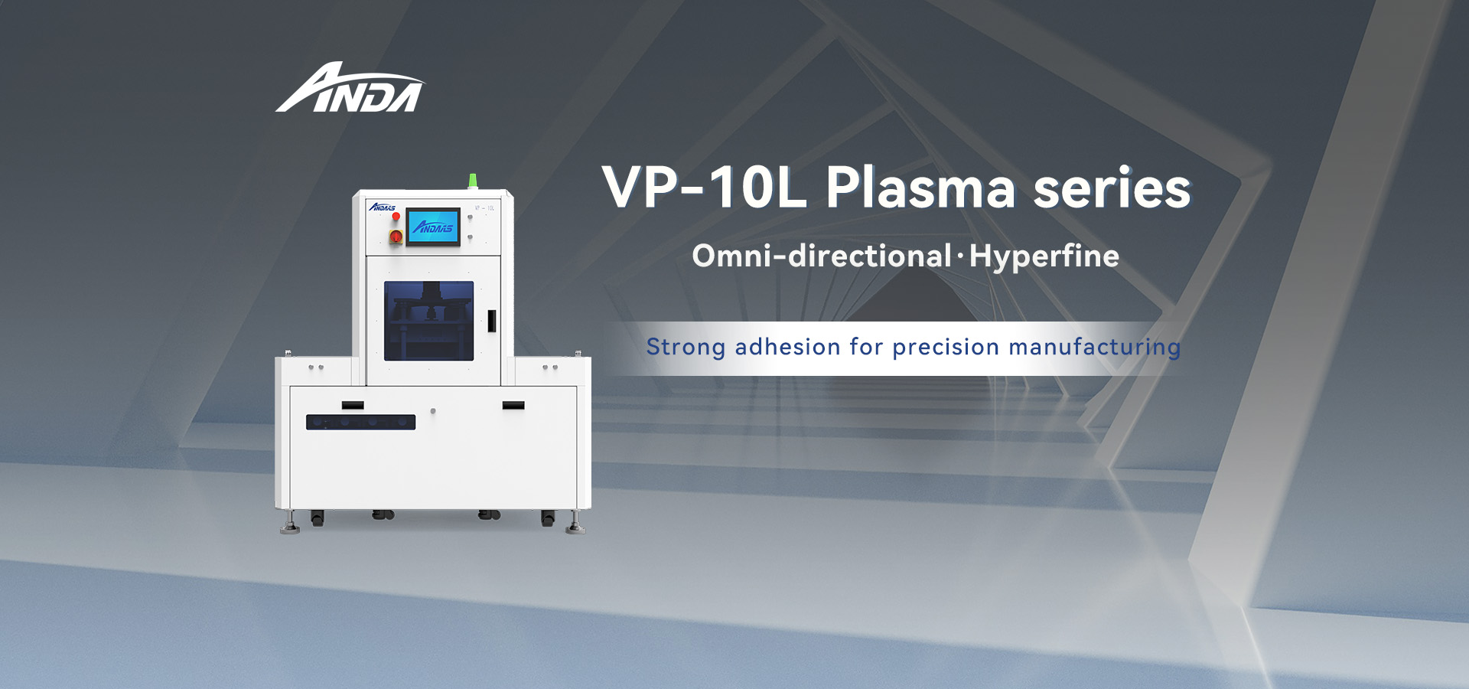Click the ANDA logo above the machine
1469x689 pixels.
click(349, 88)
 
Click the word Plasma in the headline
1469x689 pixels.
click(920, 188)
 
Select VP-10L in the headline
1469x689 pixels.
click(704, 188)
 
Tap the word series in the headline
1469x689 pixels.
click(1112, 188)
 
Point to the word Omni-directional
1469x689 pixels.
click(822, 256)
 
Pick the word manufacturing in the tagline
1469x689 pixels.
click(1095, 348)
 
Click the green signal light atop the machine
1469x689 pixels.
click(473, 181)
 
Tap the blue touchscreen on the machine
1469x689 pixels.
click(433, 227)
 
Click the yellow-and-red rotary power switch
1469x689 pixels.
click(396, 237)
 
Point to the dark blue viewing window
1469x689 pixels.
click(428, 321)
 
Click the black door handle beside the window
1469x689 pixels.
click(491, 321)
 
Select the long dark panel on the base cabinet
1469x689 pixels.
click(360, 422)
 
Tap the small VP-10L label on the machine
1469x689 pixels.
click(485, 207)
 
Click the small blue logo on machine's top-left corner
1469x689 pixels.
click(383, 207)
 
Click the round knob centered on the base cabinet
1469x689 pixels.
click(433, 411)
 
